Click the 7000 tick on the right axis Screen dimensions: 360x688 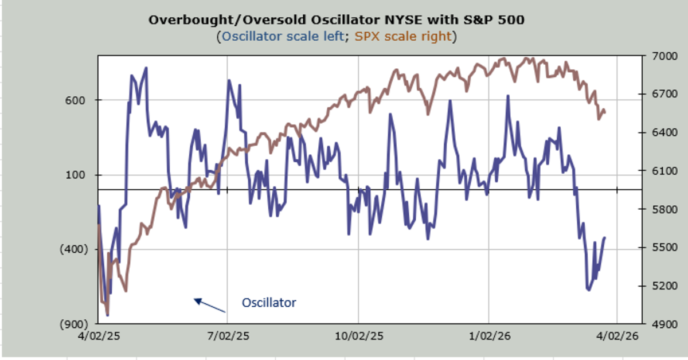click(659, 56)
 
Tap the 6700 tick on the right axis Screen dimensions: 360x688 click(659, 94)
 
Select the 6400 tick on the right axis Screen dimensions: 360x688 click(659, 132)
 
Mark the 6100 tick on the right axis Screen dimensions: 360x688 click(659, 171)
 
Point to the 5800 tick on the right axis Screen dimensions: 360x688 click(659, 209)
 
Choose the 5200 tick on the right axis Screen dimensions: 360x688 click(659, 285)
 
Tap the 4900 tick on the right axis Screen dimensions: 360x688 click(659, 324)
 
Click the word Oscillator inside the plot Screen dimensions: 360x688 click(269, 302)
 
